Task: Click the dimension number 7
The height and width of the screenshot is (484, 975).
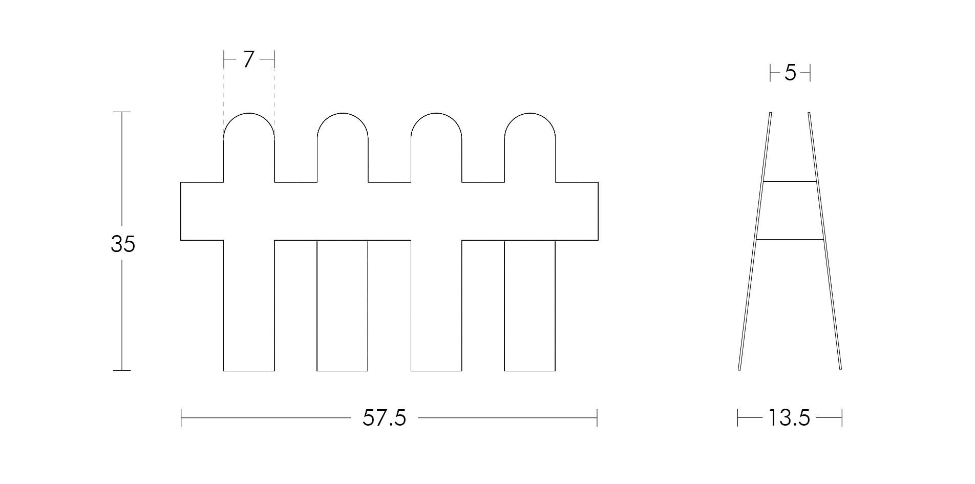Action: (248, 59)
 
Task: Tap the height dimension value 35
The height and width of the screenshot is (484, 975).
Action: (123, 244)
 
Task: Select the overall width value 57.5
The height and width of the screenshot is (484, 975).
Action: (384, 418)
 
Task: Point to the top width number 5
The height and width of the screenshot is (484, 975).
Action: (790, 74)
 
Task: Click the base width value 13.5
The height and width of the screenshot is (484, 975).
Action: (789, 418)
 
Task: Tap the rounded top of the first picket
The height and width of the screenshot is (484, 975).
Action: (249, 113)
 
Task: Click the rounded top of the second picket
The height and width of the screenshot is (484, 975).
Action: (343, 113)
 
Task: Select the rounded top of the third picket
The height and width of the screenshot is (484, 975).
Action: (436, 113)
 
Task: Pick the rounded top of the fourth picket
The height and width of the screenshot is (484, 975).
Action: (530, 113)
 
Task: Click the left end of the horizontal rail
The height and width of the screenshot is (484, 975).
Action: (181, 211)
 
